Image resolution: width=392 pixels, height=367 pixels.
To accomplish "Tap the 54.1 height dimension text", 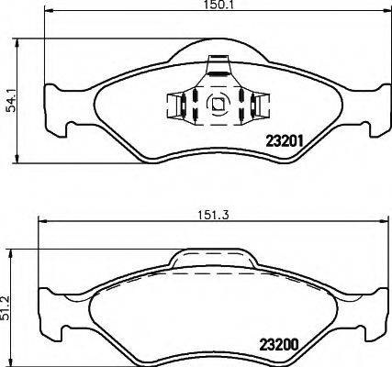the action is (x=11, y=101).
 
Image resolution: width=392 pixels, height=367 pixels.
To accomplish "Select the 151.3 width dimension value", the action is (x=213, y=216).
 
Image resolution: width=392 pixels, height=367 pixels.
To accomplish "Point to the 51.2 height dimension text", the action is (x=6, y=308).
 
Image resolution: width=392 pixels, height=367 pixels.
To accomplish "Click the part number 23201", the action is (x=285, y=141).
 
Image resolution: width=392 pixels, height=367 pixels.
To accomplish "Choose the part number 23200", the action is (x=279, y=346).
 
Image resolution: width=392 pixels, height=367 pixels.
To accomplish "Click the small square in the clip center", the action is (x=218, y=104).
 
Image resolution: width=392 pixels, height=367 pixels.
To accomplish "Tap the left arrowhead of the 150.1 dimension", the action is (x=50, y=11).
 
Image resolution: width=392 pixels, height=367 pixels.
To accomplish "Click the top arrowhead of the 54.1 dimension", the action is (x=17, y=43).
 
